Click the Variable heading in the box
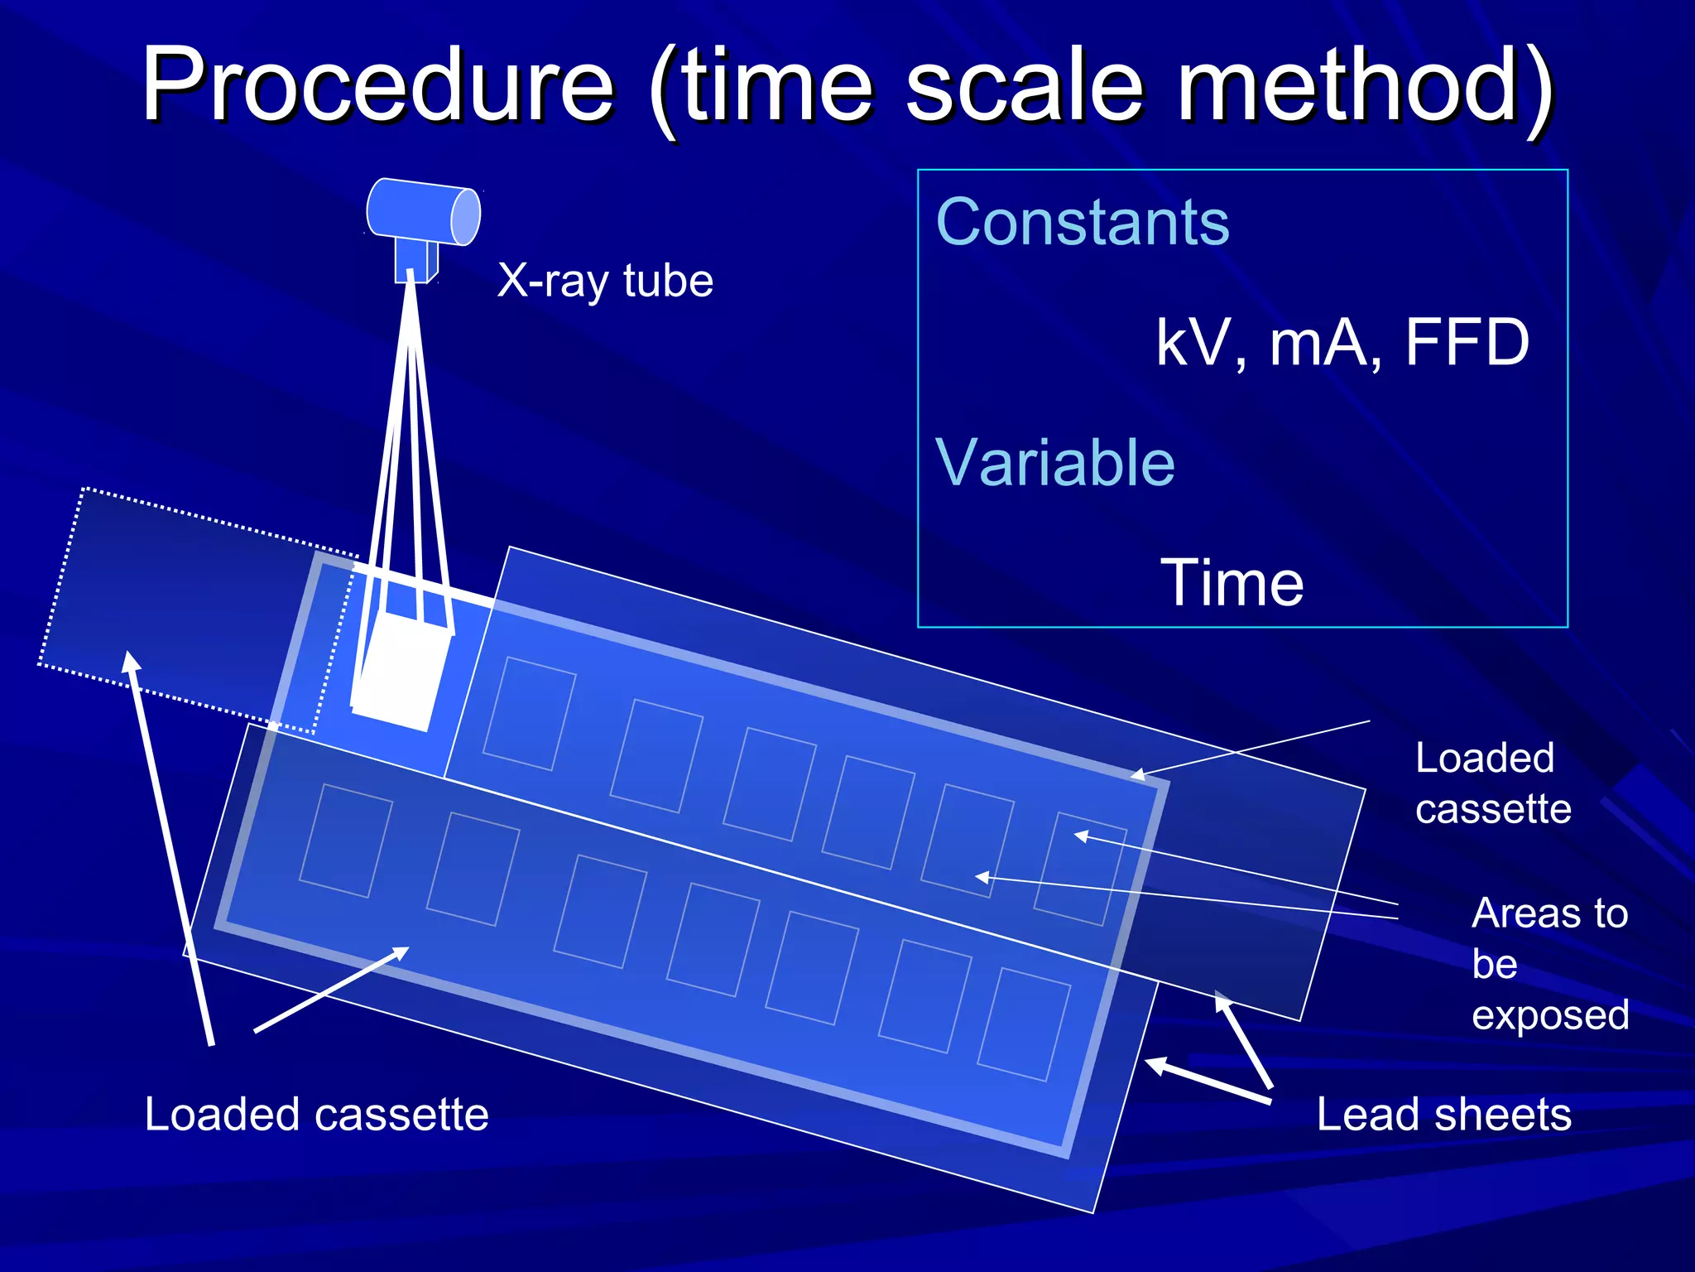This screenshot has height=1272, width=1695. pos(1054,462)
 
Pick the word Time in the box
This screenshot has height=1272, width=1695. pos(1232,582)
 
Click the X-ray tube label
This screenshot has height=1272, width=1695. pos(605,281)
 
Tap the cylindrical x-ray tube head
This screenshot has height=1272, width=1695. pos(423,213)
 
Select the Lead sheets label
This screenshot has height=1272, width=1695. pos(1443,1114)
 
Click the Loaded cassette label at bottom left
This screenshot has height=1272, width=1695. pos(316,1114)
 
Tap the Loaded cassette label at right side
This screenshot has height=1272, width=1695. pos(1491,783)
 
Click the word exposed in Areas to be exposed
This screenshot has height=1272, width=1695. pos(1549,1015)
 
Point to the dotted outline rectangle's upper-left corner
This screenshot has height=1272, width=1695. pos(83,489)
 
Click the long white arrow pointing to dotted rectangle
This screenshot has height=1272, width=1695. pos(170,845)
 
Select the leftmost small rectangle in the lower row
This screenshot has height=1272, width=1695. pos(345,841)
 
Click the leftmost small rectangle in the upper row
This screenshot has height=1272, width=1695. pos(528,714)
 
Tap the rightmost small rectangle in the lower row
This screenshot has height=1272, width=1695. pos(1024,1024)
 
